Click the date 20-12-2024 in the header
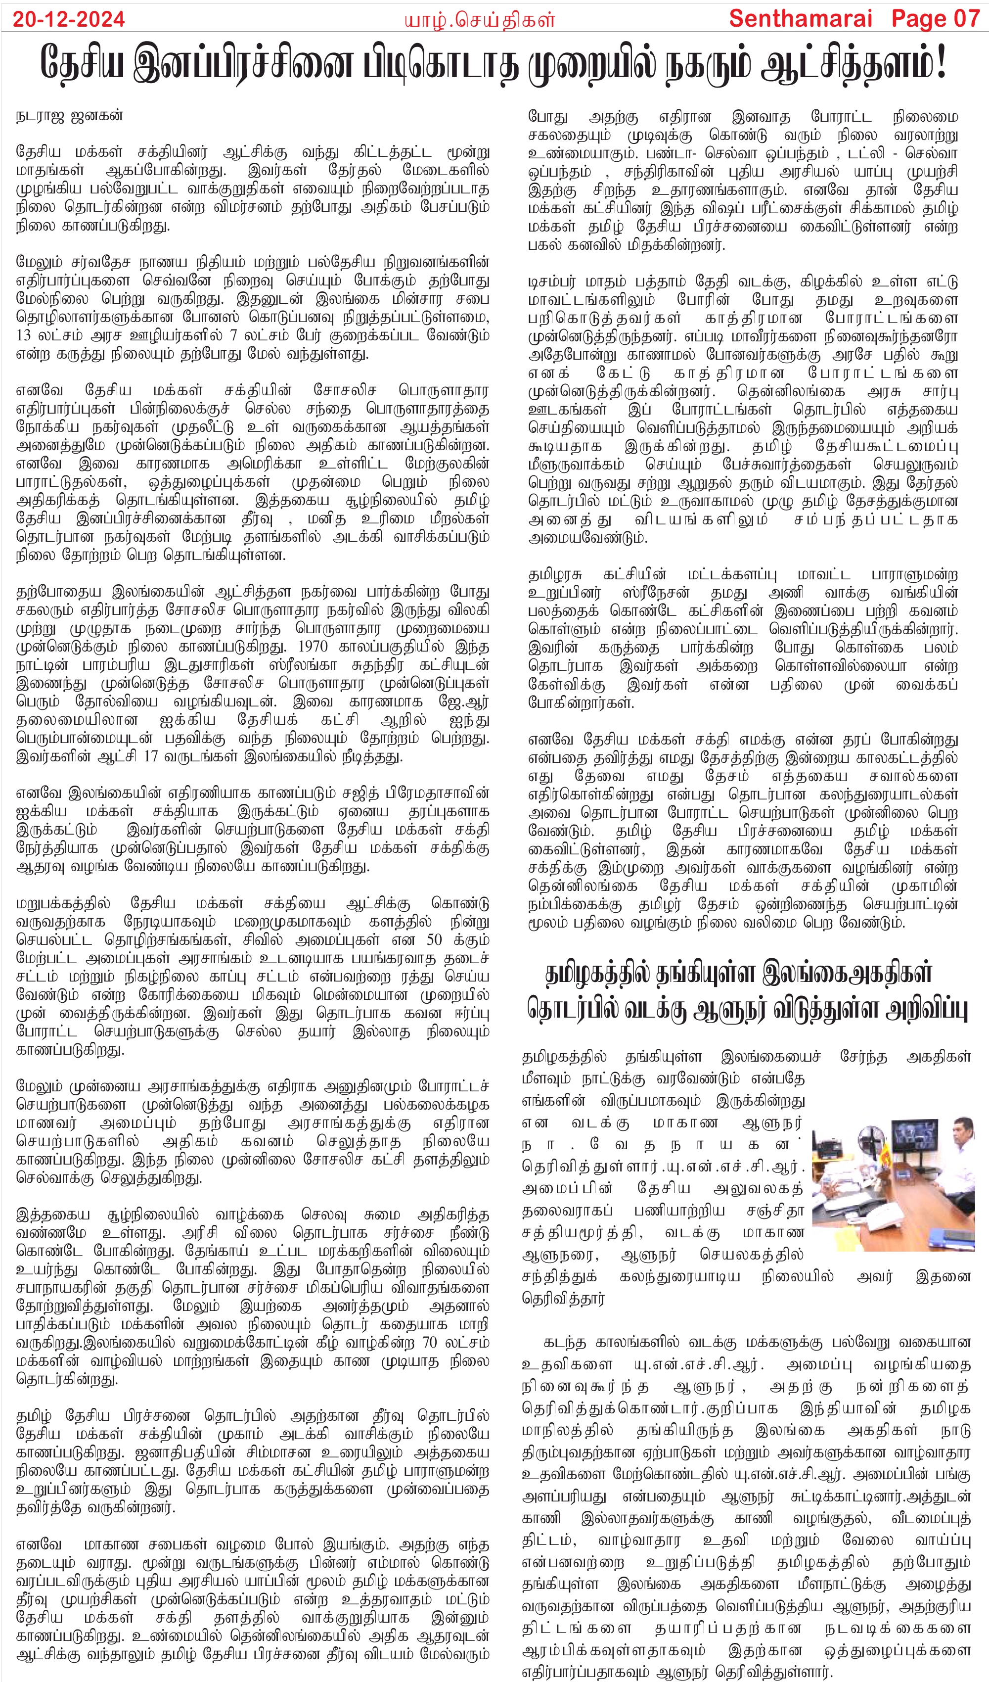click(69, 19)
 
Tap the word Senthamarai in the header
click(801, 19)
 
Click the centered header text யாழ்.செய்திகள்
click(479, 20)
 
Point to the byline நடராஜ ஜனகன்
click(69, 115)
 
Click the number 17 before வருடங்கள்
click(151, 757)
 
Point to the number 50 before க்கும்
click(435, 940)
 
